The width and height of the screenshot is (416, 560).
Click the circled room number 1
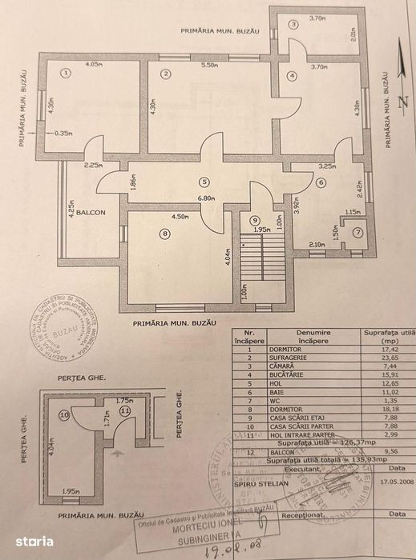[66, 73]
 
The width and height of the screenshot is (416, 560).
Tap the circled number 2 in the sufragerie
[166, 74]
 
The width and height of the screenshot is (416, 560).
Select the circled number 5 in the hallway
[205, 182]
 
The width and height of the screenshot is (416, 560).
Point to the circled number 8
[165, 234]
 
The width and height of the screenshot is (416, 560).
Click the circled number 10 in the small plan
[64, 415]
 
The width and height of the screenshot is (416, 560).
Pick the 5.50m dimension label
[210, 65]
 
